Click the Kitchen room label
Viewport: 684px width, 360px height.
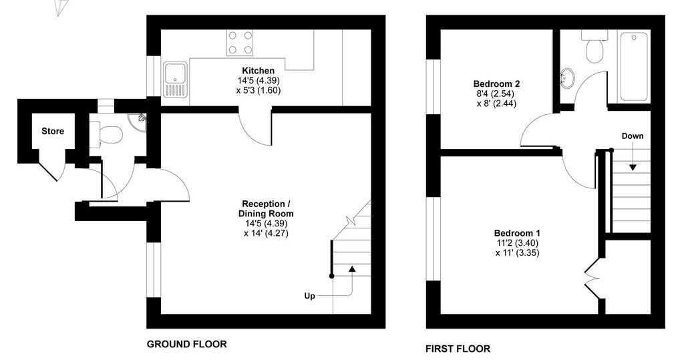(x=259, y=71)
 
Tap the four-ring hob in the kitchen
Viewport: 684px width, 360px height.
(x=240, y=43)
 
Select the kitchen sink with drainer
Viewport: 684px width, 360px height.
(x=176, y=79)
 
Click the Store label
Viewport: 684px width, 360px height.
(x=53, y=131)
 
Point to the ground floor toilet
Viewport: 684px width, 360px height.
(x=106, y=134)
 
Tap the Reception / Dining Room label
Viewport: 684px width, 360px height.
(x=266, y=208)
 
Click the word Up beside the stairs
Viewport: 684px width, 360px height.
(x=310, y=297)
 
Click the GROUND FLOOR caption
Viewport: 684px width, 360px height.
(x=187, y=344)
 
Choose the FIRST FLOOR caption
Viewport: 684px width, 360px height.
(x=458, y=349)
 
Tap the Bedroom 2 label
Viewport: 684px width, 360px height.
(x=496, y=83)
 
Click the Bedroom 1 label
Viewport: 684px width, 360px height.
(x=518, y=233)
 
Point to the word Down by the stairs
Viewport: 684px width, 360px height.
(x=633, y=136)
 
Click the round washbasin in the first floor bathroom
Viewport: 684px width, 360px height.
(x=568, y=79)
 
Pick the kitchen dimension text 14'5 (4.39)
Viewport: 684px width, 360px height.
(x=259, y=80)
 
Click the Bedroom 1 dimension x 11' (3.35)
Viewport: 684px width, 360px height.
(x=518, y=252)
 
